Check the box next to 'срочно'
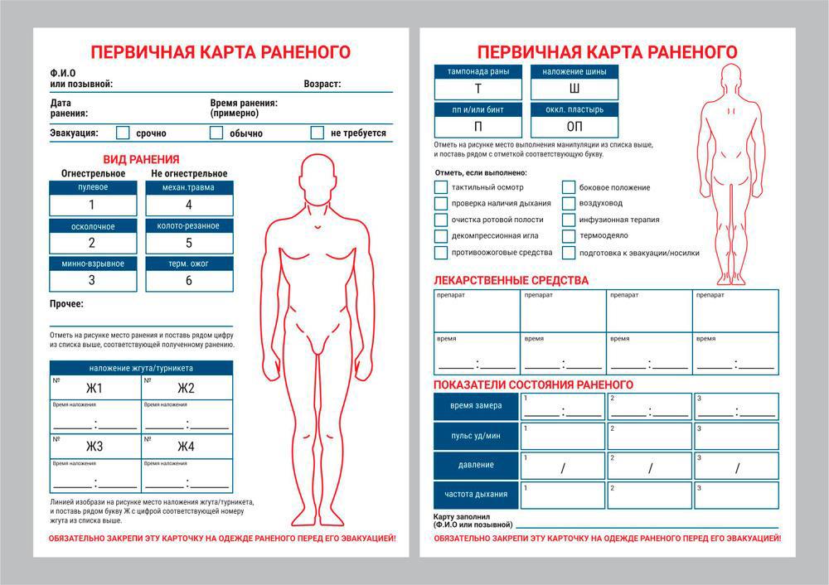click(123, 133)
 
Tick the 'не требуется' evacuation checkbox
click(317, 133)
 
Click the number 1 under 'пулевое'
click(91, 205)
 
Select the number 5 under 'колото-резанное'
click(188, 243)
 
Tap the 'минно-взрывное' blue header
click(93, 263)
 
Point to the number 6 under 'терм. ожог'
click(188, 280)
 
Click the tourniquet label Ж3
click(95, 447)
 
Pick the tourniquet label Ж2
click(186, 389)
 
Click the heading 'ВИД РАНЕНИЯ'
click(141, 159)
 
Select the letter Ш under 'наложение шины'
click(574, 89)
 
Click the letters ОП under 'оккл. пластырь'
click(574, 127)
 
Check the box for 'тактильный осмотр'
click(440, 187)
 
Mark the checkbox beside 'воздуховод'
click(568, 203)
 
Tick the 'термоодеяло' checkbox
click(568, 235)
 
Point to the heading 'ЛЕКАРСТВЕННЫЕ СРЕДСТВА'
click(511, 280)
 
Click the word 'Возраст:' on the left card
click(322, 84)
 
